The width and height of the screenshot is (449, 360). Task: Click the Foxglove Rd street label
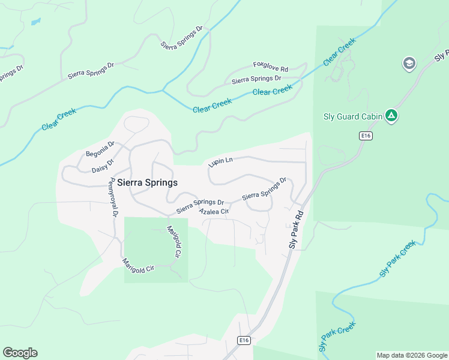(271, 65)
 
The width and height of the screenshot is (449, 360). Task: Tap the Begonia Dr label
(100, 149)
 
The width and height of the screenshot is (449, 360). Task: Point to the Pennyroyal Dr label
(112, 198)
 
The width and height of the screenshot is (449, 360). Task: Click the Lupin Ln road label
(220, 161)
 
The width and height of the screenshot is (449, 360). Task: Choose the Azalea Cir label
(214, 212)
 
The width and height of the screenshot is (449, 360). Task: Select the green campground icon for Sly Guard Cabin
(391, 115)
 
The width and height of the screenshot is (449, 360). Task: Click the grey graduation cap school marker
(409, 64)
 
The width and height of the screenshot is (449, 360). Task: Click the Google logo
(20, 353)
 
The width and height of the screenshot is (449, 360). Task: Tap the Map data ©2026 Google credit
(412, 355)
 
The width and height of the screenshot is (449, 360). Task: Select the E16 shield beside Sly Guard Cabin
(366, 136)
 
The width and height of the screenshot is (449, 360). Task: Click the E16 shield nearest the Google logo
(243, 340)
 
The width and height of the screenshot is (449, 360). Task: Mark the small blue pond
(36, 22)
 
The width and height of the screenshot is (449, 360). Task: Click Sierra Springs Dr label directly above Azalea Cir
(200, 206)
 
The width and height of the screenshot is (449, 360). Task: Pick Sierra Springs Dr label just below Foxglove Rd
(256, 79)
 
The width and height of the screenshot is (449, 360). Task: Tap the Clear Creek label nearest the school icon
(339, 52)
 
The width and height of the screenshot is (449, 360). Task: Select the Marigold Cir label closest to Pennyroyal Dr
(138, 265)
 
